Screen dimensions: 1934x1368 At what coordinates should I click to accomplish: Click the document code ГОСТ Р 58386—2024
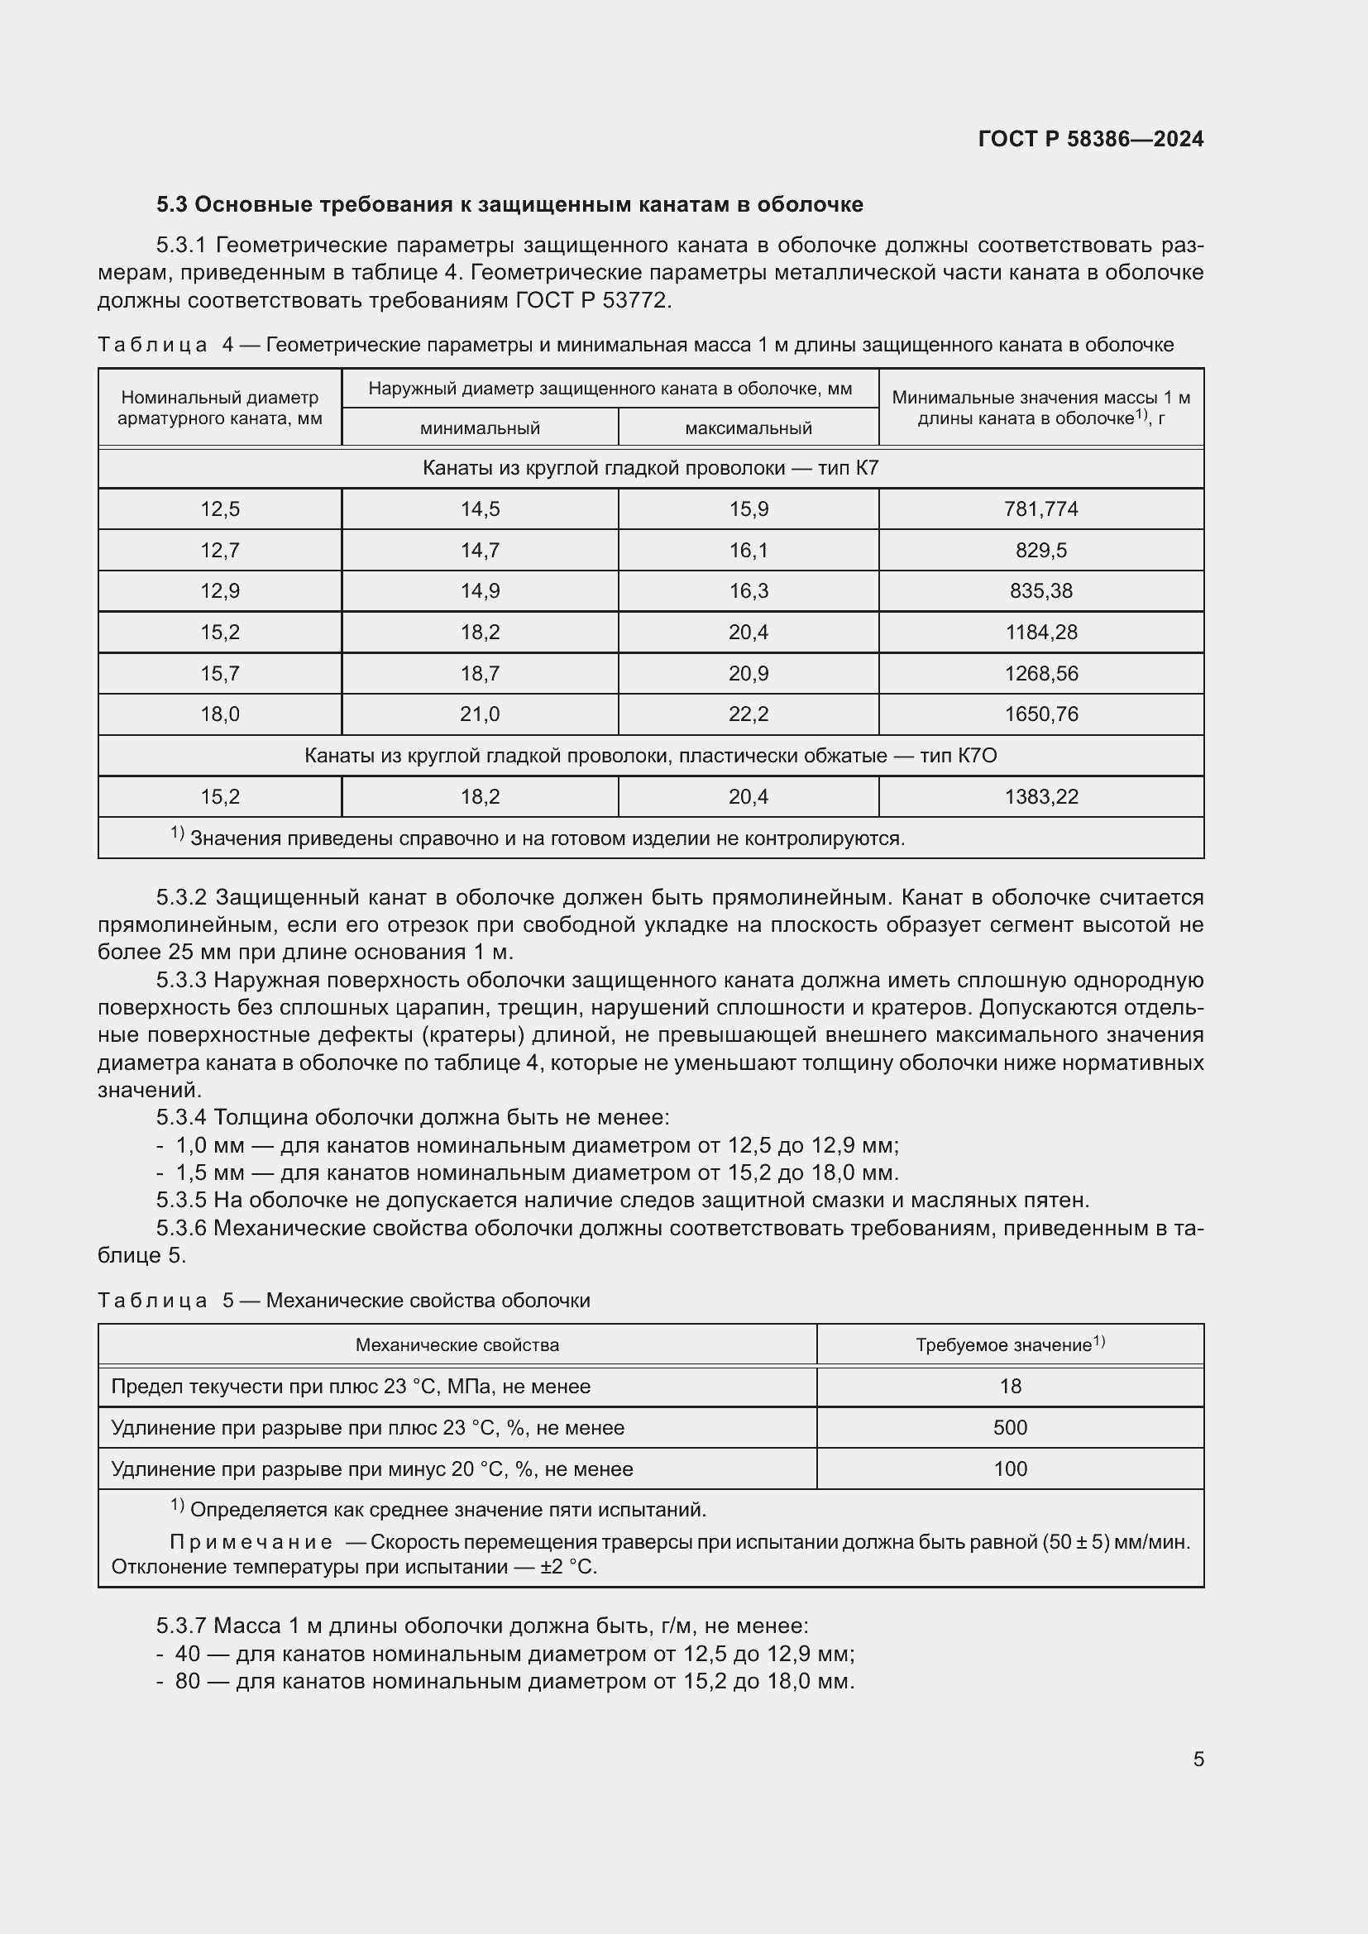tap(1090, 139)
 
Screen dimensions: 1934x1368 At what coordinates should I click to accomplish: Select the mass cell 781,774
tap(1040, 509)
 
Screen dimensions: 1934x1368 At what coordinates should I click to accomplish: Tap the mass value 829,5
tap(1040, 550)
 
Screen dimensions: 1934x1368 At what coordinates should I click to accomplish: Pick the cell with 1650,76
tap(1040, 714)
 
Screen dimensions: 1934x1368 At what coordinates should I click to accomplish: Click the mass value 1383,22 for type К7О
tap(1040, 797)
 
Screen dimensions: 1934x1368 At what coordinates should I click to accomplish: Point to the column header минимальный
tap(480, 428)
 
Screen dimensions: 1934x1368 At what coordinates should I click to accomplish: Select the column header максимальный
tap(748, 428)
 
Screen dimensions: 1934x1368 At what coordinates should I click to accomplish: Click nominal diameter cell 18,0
tap(220, 714)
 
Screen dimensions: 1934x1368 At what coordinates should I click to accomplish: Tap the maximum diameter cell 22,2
tap(748, 714)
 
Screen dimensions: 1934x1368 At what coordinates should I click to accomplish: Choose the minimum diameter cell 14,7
tap(480, 550)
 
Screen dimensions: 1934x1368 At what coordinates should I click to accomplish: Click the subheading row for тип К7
tap(650, 468)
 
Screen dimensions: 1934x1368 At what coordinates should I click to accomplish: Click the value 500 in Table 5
tap(1009, 1428)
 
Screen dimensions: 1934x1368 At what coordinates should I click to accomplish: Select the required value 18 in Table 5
tap(1009, 1387)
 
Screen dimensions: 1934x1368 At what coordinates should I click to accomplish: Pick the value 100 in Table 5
tap(1009, 1469)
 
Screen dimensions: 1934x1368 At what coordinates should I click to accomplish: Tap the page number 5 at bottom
tap(1198, 1760)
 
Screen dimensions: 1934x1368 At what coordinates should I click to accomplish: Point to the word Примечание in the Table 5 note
tap(251, 1542)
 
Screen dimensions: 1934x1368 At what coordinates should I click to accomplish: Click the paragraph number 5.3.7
tap(181, 1626)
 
